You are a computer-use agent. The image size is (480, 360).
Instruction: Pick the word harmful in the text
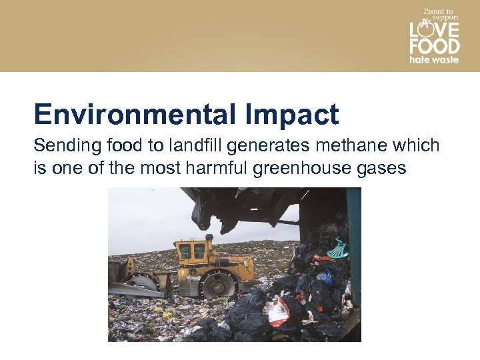click(x=215, y=167)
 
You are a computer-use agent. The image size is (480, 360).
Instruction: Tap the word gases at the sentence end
click(x=381, y=167)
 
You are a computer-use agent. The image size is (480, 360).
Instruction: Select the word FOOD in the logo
click(x=434, y=46)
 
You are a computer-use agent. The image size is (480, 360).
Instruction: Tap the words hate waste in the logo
click(x=434, y=59)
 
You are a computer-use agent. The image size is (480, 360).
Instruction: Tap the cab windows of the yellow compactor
click(x=192, y=251)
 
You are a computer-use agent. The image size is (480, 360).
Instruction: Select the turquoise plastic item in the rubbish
click(x=339, y=249)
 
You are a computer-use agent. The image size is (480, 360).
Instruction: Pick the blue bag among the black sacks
click(x=325, y=277)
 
